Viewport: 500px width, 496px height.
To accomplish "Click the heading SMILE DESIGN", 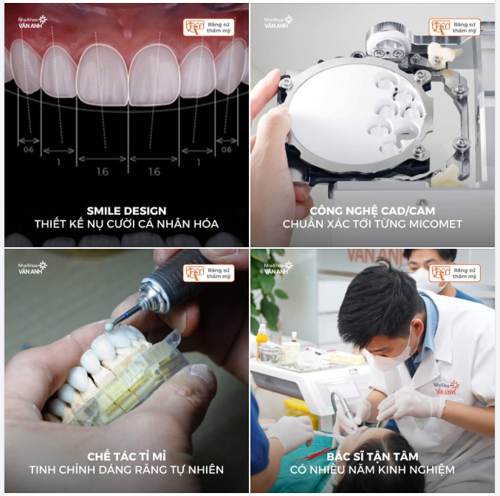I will pos(126,210).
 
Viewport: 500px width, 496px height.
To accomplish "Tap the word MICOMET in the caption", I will pos(441,224).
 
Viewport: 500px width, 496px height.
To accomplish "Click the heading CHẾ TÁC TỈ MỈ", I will pos(126,455).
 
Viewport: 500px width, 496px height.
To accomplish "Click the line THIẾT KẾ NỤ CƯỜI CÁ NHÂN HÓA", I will pos(126,224).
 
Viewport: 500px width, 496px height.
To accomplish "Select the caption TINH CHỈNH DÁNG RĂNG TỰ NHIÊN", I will pos(126,469).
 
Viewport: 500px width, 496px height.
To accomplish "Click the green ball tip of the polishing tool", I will pos(109,326).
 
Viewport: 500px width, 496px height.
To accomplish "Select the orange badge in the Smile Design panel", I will pos(208,27).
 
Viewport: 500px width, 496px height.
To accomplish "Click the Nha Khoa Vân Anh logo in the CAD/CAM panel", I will pos(279,21).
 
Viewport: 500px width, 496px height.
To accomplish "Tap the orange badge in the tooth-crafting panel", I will pos(208,273).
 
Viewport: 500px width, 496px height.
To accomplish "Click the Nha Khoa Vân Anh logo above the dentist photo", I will pos(279,267).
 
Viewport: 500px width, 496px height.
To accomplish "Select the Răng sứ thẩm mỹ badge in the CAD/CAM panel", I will pos(454,27).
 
